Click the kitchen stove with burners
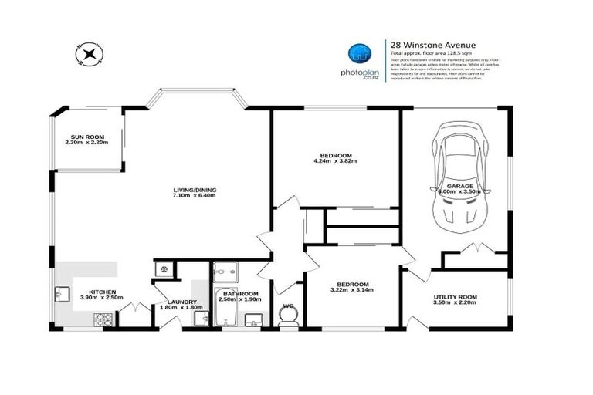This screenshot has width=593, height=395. [103, 318]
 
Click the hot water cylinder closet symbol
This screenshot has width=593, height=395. [164, 269]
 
